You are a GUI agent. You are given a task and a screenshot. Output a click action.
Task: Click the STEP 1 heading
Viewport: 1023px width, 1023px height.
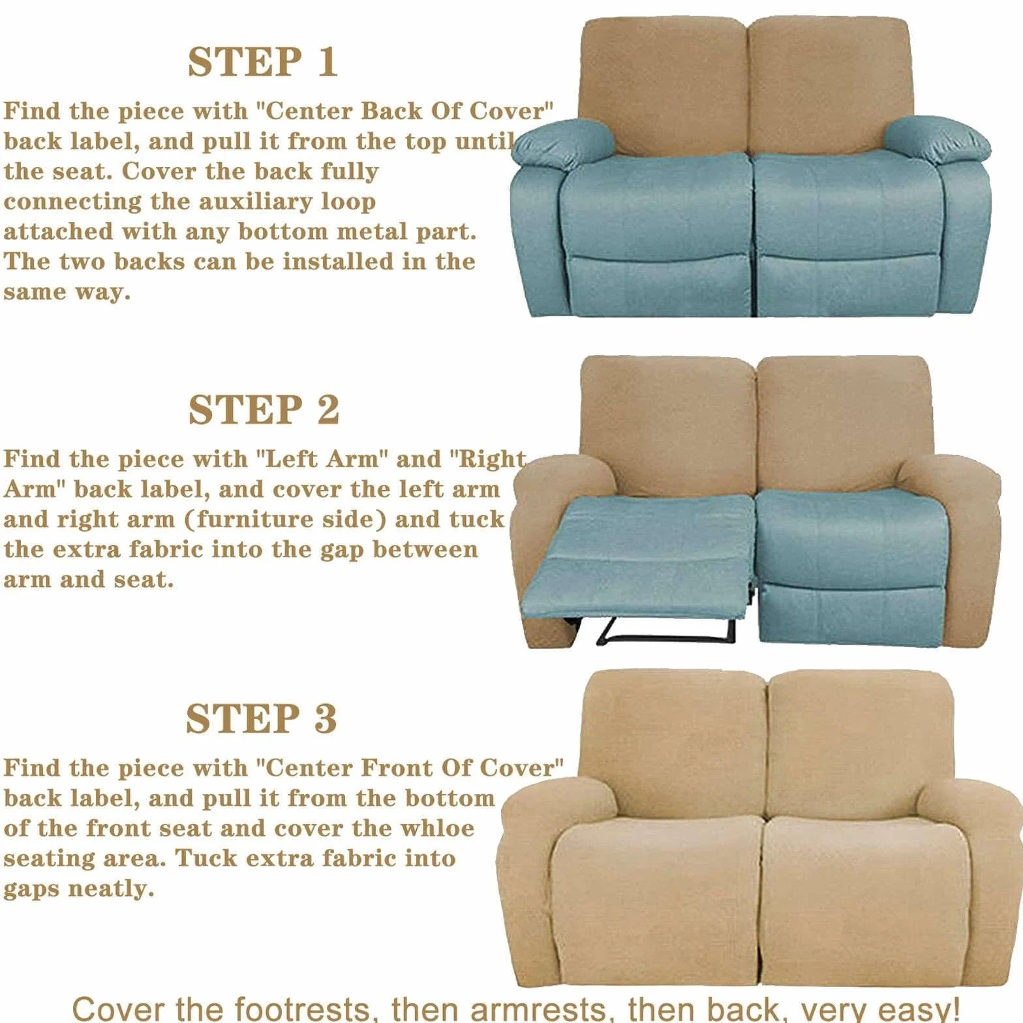pyautogui.click(x=263, y=62)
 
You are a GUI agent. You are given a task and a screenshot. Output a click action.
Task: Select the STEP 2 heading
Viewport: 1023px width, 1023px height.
pyautogui.click(x=264, y=410)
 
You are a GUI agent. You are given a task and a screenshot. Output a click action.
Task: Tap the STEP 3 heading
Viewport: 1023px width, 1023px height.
pyautogui.click(x=262, y=718)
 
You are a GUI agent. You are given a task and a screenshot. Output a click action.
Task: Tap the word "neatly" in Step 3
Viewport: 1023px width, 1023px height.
pyautogui.click(x=111, y=889)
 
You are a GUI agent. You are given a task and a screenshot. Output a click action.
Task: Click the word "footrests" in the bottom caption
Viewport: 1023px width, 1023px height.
pyautogui.click(x=307, y=1008)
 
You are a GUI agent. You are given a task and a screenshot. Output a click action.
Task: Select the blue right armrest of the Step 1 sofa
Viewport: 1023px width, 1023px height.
pyautogui.click(x=937, y=139)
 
